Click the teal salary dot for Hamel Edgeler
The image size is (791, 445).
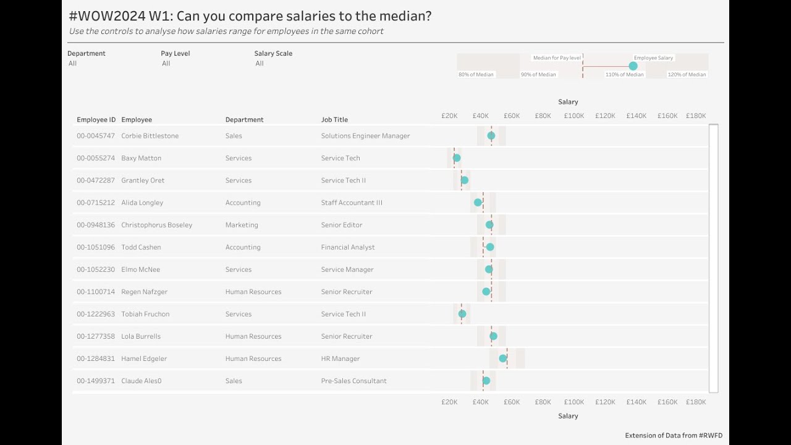click(x=503, y=358)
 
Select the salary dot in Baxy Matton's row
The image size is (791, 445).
click(x=457, y=158)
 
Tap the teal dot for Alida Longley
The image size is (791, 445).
click(x=478, y=203)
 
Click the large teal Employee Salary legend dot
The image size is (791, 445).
click(x=633, y=66)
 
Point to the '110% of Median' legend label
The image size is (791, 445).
click(x=624, y=75)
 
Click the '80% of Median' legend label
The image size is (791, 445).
click(x=476, y=75)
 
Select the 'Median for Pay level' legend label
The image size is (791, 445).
click(x=557, y=58)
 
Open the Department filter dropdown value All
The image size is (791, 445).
click(x=73, y=64)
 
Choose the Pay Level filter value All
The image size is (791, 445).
click(x=166, y=64)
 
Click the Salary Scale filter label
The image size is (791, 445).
click(x=273, y=54)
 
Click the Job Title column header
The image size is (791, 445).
click(x=334, y=120)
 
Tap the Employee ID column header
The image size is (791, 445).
click(x=96, y=120)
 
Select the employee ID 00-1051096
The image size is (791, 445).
click(x=96, y=247)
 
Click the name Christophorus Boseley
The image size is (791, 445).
click(x=156, y=225)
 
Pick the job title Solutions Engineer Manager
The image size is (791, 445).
click(x=365, y=136)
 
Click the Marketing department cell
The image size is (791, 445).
click(x=242, y=225)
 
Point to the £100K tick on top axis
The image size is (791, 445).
click(x=573, y=116)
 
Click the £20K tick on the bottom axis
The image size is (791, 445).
click(x=449, y=402)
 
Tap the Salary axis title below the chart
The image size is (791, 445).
click(x=568, y=416)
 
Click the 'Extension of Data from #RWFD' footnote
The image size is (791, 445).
click(x=674, y=436)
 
